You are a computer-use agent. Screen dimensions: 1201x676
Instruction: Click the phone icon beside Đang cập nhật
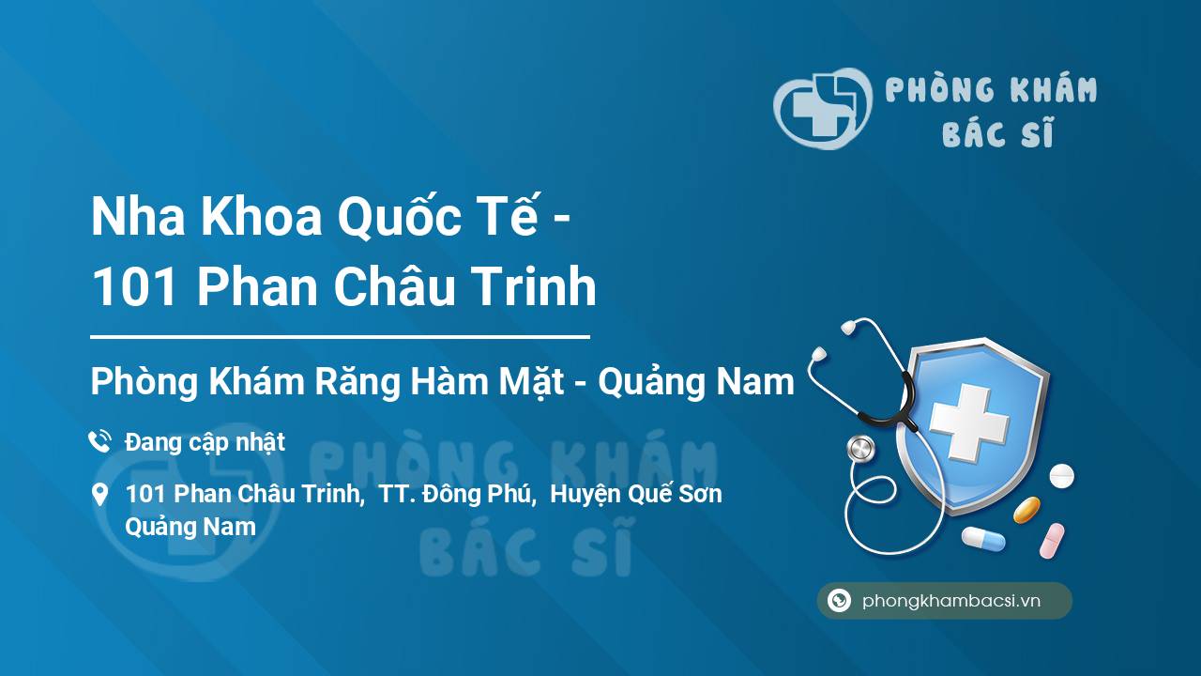(99, 441)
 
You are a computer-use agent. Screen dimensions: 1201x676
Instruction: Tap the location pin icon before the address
(99, 495)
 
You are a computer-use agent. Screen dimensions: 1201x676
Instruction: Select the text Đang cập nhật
(205, 443)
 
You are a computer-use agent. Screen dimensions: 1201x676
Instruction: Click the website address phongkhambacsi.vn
(951, 601)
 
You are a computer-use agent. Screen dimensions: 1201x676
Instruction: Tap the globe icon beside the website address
(839, 600)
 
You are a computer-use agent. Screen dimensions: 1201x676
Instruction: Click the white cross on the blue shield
(969, 422)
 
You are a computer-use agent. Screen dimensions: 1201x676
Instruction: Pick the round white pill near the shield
(1061, 476)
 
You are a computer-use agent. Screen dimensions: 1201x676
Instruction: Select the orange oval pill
(1026, 510)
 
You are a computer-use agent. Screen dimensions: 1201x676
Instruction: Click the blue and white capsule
(983, 539)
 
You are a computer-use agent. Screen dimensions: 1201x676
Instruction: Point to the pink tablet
(1052, 541)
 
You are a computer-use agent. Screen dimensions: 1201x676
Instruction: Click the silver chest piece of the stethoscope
(860, 449)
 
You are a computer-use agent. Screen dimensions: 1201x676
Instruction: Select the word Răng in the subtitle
(357, 381)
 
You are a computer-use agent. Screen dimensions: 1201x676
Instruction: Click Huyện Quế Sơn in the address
(636, 494)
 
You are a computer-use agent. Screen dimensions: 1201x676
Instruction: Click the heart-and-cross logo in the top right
(823, 108)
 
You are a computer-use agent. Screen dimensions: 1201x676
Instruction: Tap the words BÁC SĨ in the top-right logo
(997, 132)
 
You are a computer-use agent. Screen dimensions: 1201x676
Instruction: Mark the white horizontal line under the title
(340, 337)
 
